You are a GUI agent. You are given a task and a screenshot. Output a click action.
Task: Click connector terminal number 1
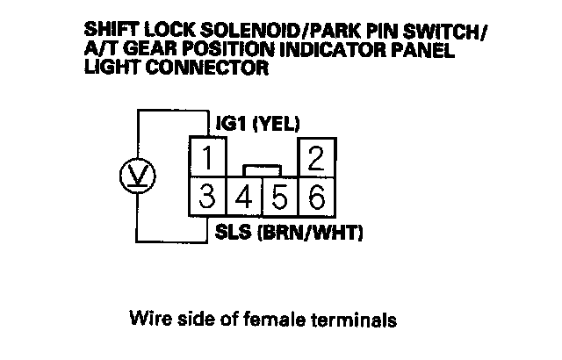(x=208, y=159)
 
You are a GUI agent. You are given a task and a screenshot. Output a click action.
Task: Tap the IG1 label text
(x=232, y=124)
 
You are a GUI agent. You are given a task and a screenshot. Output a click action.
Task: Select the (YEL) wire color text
(x=277, y=124)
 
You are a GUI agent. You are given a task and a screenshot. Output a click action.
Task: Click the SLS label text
(x=233, y=234)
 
